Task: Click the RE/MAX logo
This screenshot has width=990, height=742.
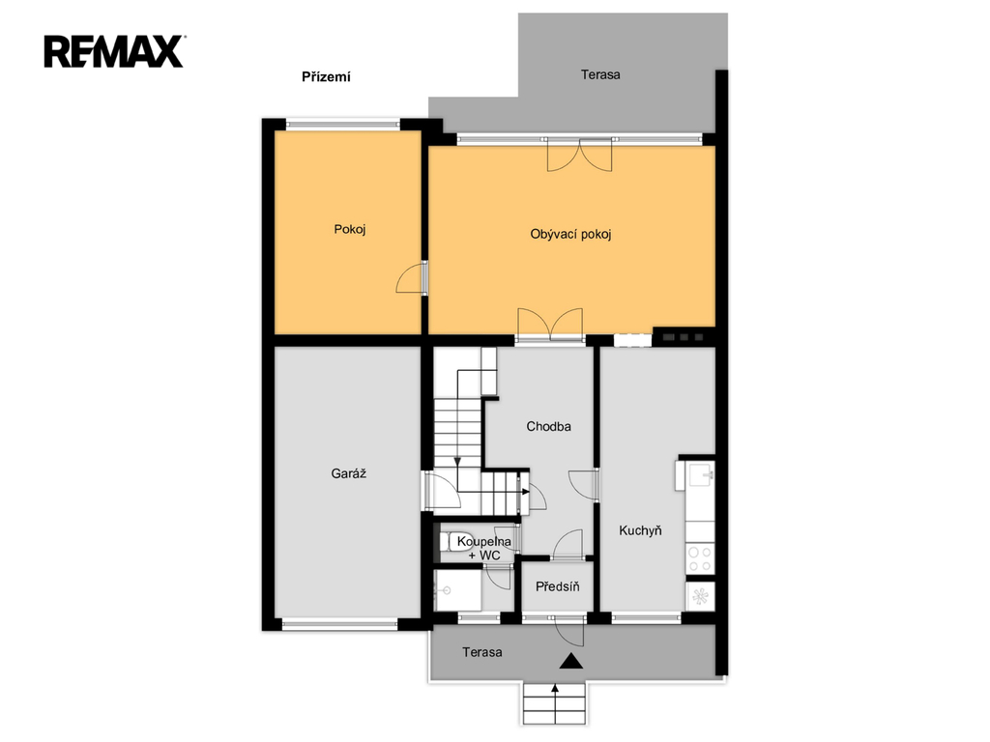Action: click(x=114, y=52)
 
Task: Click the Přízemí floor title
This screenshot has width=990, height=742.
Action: click(x=326, y=77)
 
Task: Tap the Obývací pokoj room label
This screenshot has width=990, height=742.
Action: click(x=570, y=235)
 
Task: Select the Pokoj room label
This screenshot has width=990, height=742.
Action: click(x=350, y=229)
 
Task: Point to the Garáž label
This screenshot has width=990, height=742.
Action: click(x=348, y=473)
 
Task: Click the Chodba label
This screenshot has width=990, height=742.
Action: click(x=549, y=426)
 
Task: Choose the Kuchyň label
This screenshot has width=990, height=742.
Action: click(x=640, y=530)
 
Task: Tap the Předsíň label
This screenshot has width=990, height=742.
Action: click(x=558, y=586)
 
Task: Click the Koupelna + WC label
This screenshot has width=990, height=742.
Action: click(x=484, y=549)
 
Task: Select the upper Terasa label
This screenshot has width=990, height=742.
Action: click(x=600, y=74)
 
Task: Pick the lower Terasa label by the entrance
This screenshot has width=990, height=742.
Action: click(x=481, y=652)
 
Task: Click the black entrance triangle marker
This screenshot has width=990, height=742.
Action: click(x=571, y=661)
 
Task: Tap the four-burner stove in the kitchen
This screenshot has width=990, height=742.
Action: click(x=700, y=558)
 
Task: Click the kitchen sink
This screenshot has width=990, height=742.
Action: click(x=700, y=474)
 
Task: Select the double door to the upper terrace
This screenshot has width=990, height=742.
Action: click(x=580, y=156)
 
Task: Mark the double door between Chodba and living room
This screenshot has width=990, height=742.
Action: click(x=550, y=325)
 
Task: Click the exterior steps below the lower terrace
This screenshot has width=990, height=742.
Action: click(x=555, y=703)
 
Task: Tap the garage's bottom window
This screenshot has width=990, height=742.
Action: click(x=339, y=625)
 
